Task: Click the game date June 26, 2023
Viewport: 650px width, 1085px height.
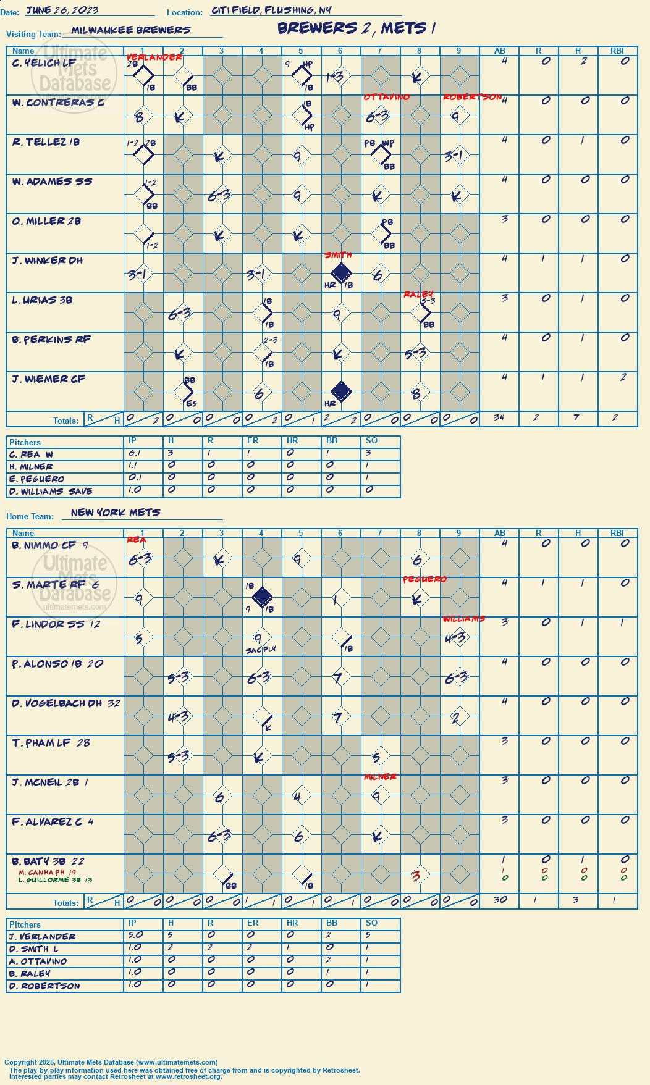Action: tap(62, 10)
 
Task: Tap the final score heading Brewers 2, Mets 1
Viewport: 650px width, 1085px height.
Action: tap(357, 28)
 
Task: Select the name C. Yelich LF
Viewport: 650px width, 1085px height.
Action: tap(44, 63)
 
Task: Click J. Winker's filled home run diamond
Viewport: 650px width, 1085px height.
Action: tap(341, 272)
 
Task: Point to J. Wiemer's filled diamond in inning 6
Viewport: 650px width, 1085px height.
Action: tap(341, 391)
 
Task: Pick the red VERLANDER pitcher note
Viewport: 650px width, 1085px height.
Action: tap(154, 57)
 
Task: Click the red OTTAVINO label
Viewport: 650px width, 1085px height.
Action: tap(387, 97)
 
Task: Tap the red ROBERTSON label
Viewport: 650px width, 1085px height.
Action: tap(473, 97)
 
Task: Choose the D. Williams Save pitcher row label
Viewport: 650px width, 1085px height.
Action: tap(51, 492)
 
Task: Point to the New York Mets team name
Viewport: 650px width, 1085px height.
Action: tap(116, 513)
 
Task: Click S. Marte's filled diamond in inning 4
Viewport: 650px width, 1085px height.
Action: tap(262, 597)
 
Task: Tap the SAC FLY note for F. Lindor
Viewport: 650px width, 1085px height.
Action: tap(261, 650)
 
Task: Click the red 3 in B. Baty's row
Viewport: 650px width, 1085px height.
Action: tap(416, 876)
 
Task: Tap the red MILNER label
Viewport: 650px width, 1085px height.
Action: tap(380, 777)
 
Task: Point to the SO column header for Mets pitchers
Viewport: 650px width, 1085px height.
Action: tap(371, 923)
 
